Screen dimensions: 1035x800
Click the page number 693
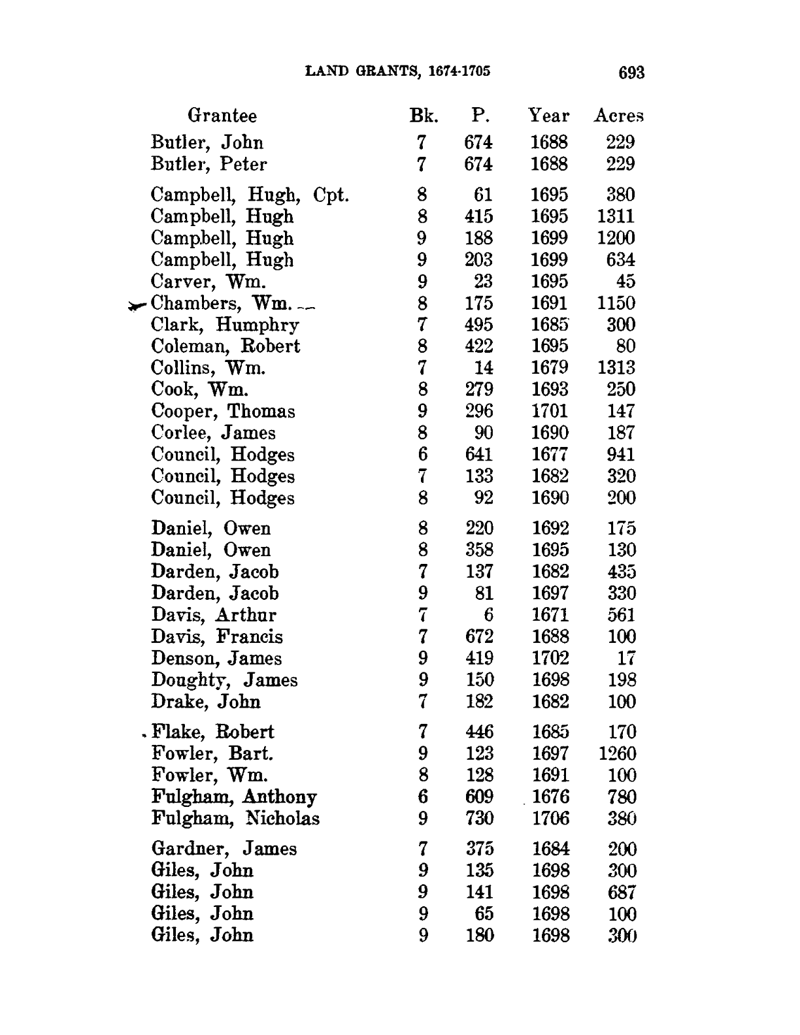[x=631, y=73]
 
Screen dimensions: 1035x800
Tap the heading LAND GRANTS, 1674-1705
[x=397, y=71]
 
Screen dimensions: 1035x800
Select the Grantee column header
[x=222, y=116]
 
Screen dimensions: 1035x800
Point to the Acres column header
[x=618, y=116]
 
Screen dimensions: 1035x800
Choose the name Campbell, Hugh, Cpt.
[x=250, y=195]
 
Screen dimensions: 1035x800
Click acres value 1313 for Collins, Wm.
[x=616, y=368]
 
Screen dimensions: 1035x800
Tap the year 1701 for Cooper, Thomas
[x=549, y=411]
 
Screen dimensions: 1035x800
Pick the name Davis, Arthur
[x=214, y=615]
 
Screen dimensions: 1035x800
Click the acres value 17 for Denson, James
[x=626, y=658]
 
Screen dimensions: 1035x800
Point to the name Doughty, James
[x=224, y=680]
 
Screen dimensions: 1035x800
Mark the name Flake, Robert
[x=212, y=732]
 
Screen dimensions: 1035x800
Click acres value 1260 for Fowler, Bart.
[x=617, y=754]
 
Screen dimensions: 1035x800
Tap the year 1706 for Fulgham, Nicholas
[x=550, y=818]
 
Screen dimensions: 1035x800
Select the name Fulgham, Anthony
[x=234, y=797]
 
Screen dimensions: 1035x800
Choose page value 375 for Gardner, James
[x=479, y=849]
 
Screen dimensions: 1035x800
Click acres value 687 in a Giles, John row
[x=621, y=892]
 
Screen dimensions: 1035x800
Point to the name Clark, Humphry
[x=225, y=325]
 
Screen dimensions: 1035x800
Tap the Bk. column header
[x=423, y=116]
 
